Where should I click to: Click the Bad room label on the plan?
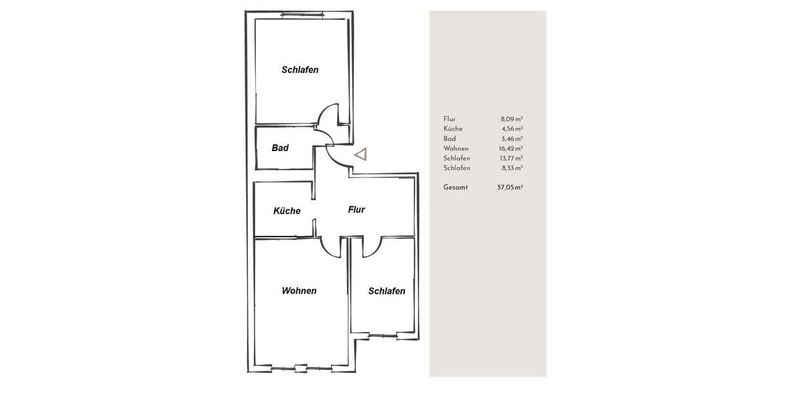click(280, 148)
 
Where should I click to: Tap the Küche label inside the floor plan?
click(287, 211)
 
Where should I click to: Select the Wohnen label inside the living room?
click(299, 290)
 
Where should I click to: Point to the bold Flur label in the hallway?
click(356, 210)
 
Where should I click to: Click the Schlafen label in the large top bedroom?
click(300, 70)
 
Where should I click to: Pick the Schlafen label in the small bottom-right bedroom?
click(386, 291)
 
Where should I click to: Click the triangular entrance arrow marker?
click(361, 154)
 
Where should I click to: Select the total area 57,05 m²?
click(510, 187)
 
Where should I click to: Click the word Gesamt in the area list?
click(456, 187)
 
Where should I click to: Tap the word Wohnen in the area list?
click(455, 148)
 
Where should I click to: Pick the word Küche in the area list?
click(453, 129)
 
